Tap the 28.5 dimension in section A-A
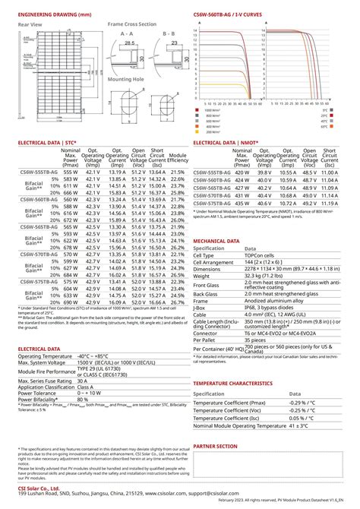[x=130, y=43]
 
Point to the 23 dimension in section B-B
[x=173, y=43]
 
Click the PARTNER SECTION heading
[x=221, y=447]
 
